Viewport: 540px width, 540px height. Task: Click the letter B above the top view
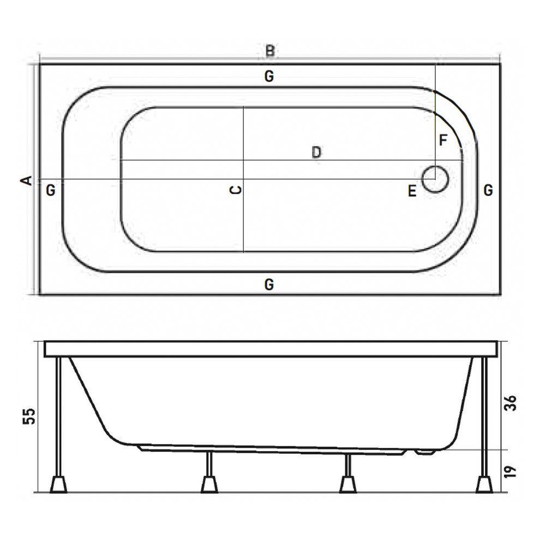click(x=271, y=51)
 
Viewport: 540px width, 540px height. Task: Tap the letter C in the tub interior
click(x=236, y=189)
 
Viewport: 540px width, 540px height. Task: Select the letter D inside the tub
click(x=316, y=152)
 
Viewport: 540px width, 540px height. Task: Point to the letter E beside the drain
click(x=412, y=191)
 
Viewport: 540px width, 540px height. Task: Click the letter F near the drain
click(x=443, y=141)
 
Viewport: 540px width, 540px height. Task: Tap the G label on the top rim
click(x=269, y=76)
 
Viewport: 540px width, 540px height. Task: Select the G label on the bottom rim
click(x=269, y=285)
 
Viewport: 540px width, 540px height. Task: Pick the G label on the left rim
click(x=51, y=190)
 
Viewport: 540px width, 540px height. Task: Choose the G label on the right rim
click(x=488, y=190)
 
